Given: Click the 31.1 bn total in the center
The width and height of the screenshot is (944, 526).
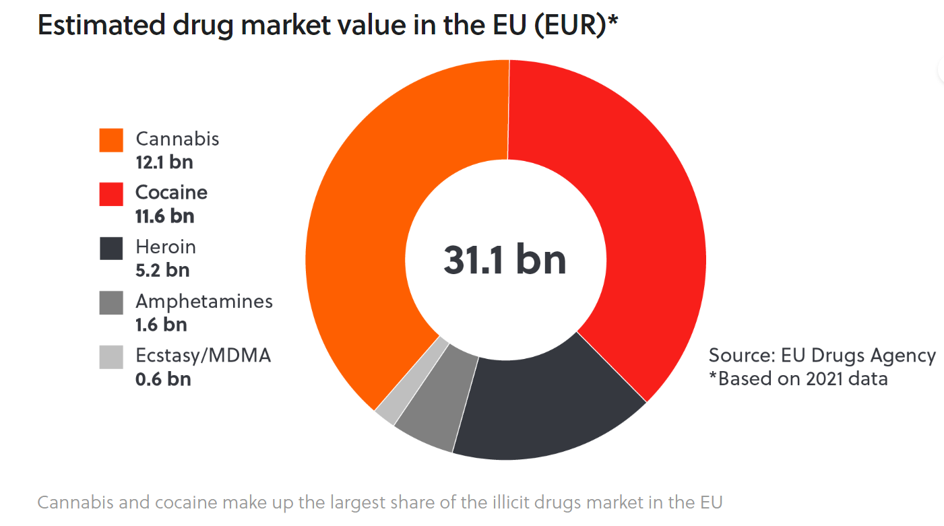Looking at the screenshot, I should click(x=505, y=260).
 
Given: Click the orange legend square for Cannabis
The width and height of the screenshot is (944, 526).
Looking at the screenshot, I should click(x=111, y=140).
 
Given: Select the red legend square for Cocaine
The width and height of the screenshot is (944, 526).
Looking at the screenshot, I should click(x=111, y=194).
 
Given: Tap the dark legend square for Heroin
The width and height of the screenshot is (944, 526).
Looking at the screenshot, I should click(x=111, y=248).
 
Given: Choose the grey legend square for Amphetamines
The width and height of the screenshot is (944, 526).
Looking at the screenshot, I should click(x=111, y=302).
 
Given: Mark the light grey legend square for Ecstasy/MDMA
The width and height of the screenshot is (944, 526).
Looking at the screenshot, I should click(x=111, y=356).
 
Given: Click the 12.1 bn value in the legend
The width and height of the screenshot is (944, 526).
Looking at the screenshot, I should click(x=164, y=162).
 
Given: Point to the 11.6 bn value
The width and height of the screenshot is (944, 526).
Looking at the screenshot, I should click(x=164, y=216).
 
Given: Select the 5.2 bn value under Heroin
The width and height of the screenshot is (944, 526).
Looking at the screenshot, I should click(x=162, y=270).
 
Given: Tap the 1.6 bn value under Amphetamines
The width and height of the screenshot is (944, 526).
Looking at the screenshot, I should click(x=161, y=325).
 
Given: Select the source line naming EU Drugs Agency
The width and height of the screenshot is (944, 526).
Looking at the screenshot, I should click(x=822, y=356).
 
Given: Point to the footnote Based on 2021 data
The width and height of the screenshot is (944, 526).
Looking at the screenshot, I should click(x=798, y=379).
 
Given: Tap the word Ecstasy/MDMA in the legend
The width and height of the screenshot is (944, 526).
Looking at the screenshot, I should click(x=203, y=356).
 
